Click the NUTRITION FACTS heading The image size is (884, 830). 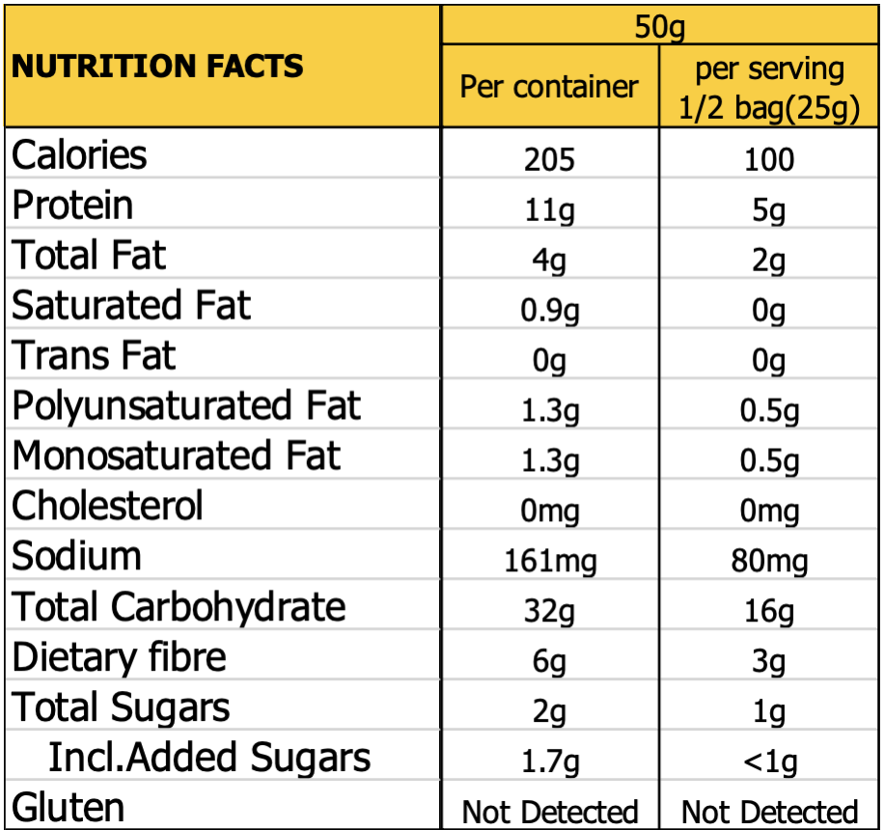coord(157,67)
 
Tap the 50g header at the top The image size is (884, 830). coord(659,27)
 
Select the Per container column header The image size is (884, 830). coord(549,87)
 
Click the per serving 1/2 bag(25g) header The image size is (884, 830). coord(769,89)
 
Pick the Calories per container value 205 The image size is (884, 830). coord(549,159)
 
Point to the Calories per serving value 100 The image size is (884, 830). coord(769,159)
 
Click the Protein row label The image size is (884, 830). coord(72,206)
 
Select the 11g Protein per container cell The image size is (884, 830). coord(549,209)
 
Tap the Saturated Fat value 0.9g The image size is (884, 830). coord(549,310)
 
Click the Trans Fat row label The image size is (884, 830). coord(94,356)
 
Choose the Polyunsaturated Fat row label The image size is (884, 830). coord(186,406)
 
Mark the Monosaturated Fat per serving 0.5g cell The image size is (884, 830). coord(769,460)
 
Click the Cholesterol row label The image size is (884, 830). coord(107,506)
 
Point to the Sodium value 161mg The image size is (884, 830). coord(549,561)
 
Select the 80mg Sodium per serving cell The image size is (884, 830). coord(769,561)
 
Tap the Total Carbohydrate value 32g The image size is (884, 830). coord(549,611)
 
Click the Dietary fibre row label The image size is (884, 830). coord(119,658)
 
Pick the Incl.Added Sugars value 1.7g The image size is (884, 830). coord(549,761)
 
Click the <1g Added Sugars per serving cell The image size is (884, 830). coord(769,761)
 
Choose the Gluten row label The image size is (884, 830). coord(68,808)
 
